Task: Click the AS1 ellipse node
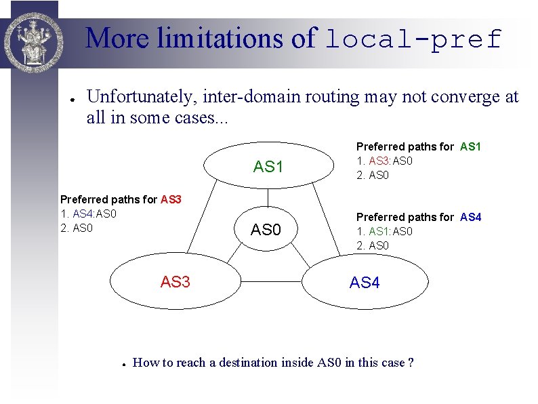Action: pos(268,167)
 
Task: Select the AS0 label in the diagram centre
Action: pos(266,230)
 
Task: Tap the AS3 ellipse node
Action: pos(175,281)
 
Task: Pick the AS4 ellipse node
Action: pos(365,283)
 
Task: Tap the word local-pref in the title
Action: pos(413,39)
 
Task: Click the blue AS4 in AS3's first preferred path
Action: pos(72,214)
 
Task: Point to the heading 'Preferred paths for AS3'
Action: pos(121,199)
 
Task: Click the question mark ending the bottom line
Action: pos(411,363)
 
